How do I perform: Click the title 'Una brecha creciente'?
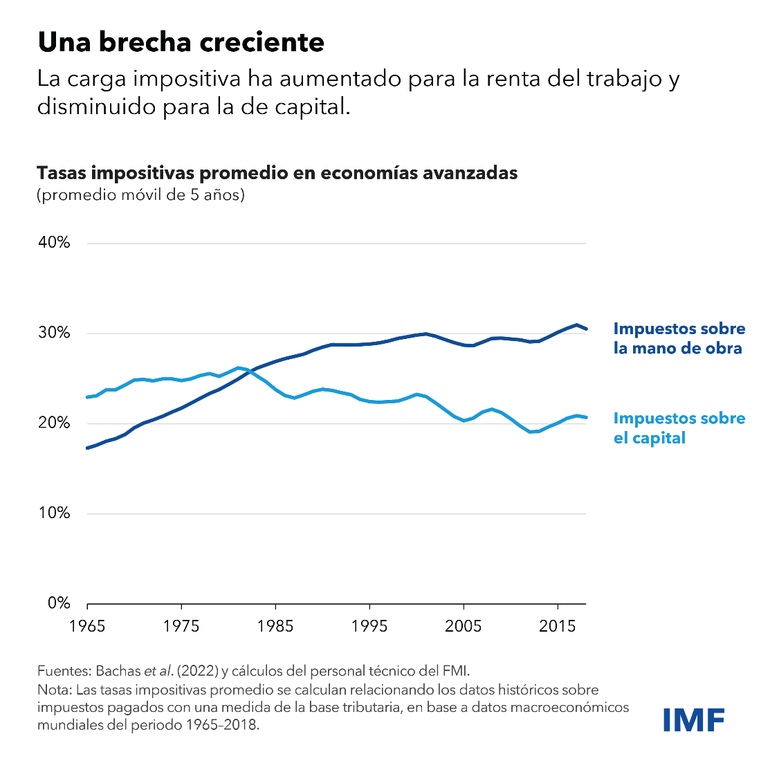[x=181, y=43]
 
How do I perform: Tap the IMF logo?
[x=693, y=719]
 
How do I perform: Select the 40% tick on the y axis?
[x=54, y=243]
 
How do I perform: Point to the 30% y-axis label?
[x=54, y=333]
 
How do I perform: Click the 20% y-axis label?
[x=54, y=423]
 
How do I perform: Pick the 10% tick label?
[x=54, y=513]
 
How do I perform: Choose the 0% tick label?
[x=58, y=603]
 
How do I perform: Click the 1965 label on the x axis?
[x=87, y=626]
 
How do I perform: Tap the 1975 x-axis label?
[x=181, y=626]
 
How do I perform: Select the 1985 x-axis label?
[x=275, y=626]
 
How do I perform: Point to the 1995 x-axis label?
[x=369, y=626]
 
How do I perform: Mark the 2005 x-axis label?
[x=464, y=626]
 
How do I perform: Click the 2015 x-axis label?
[x=558, y=626]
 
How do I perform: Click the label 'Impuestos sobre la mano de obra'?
[x=679, y=338]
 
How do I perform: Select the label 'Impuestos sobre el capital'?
[x=679, y=428]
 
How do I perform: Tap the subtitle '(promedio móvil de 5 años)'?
[x=141, y=195]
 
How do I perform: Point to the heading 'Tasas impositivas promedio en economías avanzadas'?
[x=277, y=172]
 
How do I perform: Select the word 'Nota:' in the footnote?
[x=53, y=690]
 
